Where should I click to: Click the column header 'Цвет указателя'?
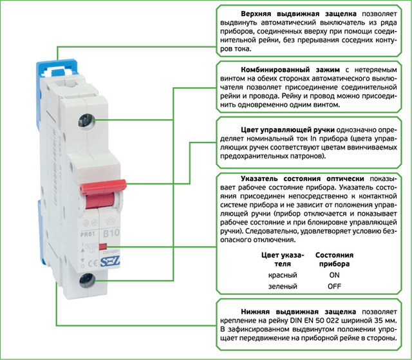click(x=283, y=259)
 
